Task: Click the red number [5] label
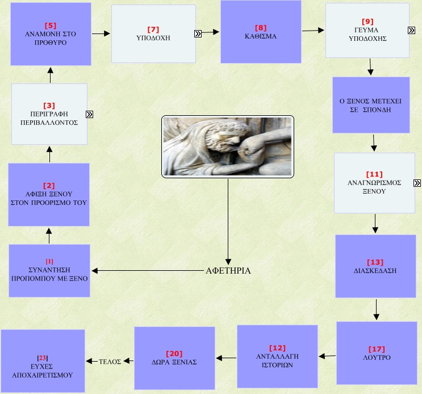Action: tap(50, 26)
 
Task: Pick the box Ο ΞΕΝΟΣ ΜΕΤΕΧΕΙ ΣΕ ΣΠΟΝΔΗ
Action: tap(370, 105)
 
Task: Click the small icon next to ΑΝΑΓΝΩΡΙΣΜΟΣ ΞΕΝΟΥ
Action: tap(417, 183)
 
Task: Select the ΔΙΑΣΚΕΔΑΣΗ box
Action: tap(374, 266)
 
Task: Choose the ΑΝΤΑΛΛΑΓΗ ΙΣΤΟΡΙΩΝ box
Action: tap(277, 356)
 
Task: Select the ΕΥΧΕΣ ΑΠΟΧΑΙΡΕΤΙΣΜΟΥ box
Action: tap(43, 361)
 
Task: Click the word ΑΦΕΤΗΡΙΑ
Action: tap(228, 271)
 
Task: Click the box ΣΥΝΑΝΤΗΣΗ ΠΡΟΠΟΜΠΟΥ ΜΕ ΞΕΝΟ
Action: tap(49, 270)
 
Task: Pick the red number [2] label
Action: tap(49, 186)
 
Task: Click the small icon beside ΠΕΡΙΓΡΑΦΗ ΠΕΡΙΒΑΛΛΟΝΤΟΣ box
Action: tap(89, 114)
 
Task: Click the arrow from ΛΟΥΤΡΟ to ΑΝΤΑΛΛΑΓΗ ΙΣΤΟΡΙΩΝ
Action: tap(327, 356)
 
